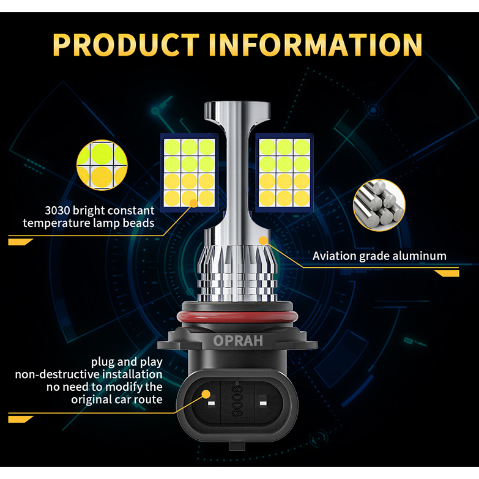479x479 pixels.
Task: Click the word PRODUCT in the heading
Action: tap(125, 44)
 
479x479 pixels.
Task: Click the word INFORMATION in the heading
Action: tap(316, 44)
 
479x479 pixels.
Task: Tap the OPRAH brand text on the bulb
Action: tap(238, 341)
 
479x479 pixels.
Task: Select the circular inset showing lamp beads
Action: tap(102, 164)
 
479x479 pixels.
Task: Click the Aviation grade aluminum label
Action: tap(379, 256)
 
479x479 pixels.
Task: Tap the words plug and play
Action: tap(127, 362)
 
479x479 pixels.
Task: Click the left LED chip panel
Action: tap(189, 172)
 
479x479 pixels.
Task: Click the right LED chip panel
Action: tap(284, 172)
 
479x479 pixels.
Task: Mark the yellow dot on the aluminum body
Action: tap(264, 240)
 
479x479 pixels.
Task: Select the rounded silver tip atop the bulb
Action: tap(238, 110)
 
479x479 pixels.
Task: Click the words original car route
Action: tap(117, 399)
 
